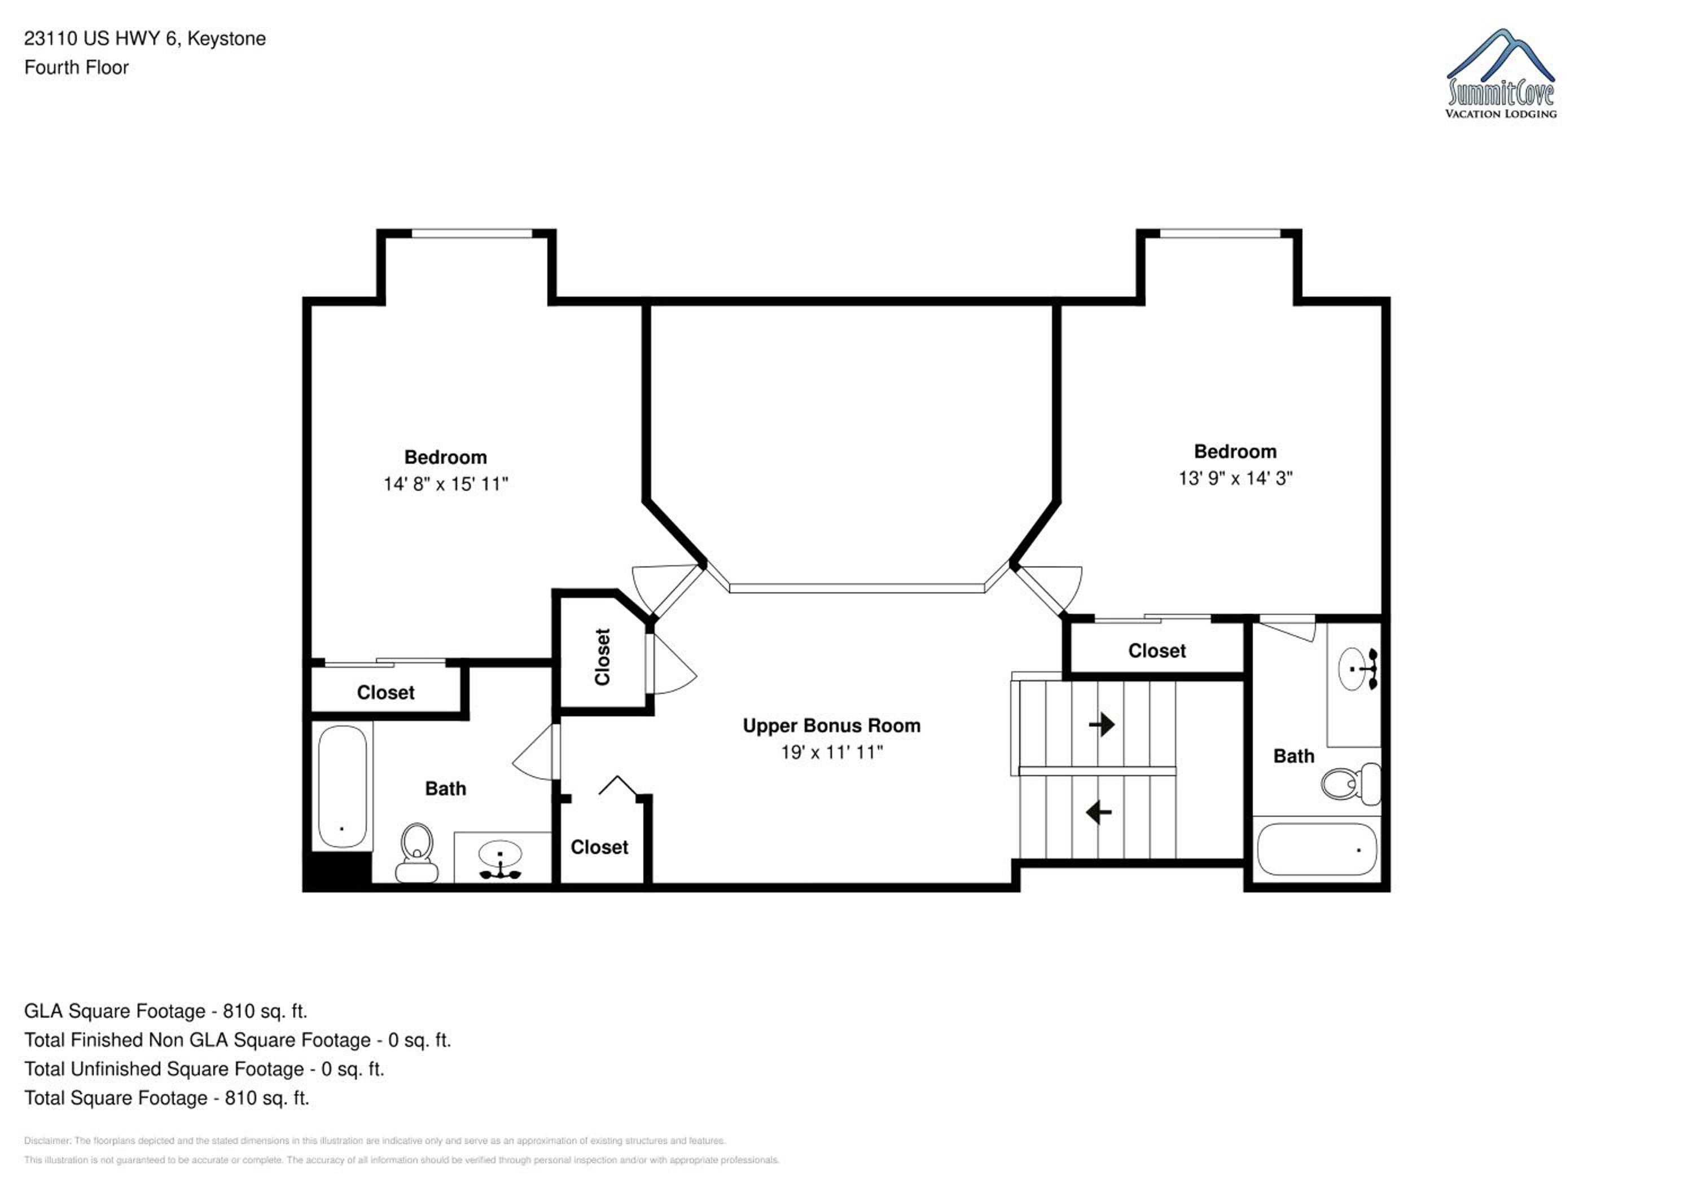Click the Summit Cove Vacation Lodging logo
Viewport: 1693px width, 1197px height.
tap(1501, 74)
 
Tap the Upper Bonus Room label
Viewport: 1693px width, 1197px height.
tap(831, 726)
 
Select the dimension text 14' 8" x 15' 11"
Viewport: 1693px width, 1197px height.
tap(445, 483)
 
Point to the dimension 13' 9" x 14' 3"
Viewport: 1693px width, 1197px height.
tap(1235, 478)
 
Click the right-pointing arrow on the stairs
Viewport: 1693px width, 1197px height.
tap(1102, 724)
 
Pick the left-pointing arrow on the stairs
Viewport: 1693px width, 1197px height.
tap(1099, 812)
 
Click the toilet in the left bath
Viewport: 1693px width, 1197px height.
tap(416, 853)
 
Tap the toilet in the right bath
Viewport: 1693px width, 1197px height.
tap(1350, 784)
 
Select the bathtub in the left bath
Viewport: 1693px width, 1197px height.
tap(342, 786)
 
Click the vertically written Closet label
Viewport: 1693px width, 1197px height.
tap(603, 657)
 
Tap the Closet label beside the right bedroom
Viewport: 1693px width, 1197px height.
tap(1157, 651)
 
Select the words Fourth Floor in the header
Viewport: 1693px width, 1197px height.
tap(77, 68)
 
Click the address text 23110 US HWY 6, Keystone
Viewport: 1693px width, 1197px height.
tap(145, 38)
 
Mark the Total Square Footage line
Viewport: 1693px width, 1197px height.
tap(166, 1098)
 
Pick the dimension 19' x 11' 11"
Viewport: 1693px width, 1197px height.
tap(832, 752)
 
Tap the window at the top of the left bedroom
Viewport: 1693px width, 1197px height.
tap(472, 234)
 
